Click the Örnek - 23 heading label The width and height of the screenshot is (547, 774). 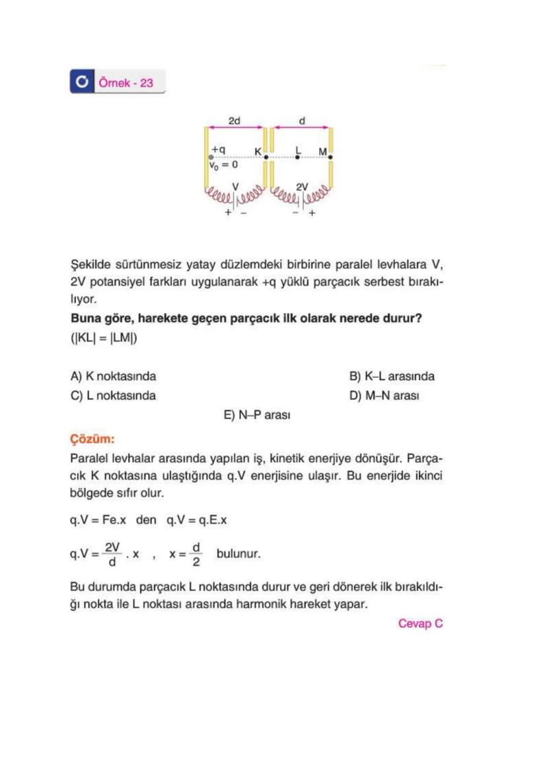[126, 83]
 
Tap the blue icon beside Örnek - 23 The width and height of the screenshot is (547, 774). [82, 83]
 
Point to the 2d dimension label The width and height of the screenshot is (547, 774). [235, 121]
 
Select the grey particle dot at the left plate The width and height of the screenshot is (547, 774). [210, 157]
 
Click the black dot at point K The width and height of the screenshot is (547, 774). [266, 157]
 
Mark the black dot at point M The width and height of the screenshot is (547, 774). [330, 157]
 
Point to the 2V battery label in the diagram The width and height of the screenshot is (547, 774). [301, 187]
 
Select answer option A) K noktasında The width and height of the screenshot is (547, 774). [113, 376]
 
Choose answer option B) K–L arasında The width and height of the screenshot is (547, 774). [391, 376]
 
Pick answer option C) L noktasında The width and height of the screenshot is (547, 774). [113, 396]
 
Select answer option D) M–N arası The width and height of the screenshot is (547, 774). [384, 396]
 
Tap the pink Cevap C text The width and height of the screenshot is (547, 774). [420, 623]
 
